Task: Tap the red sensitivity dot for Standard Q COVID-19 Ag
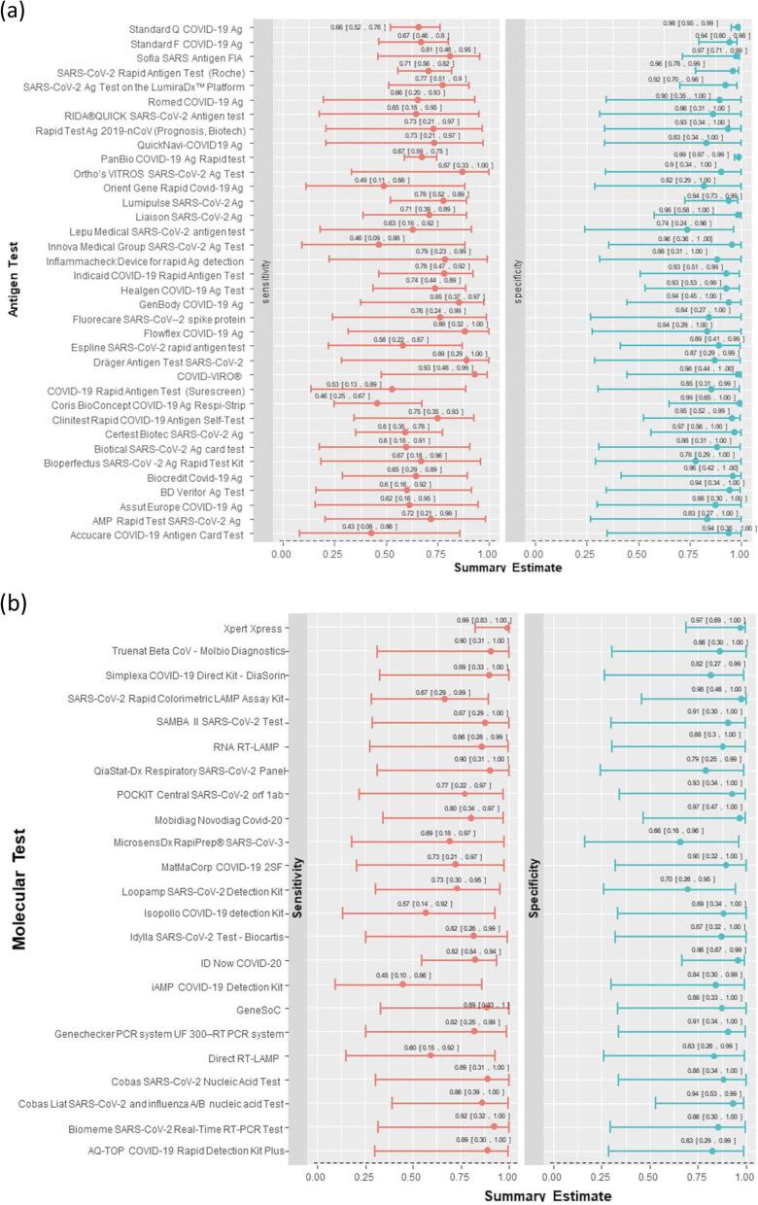tap(418, 28)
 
